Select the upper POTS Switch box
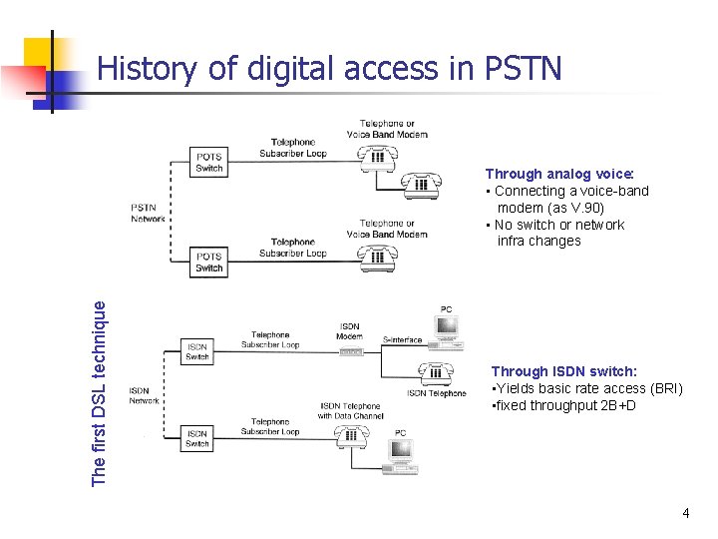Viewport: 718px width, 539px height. click(209, 163)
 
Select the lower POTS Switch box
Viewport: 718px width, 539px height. click(209, 263)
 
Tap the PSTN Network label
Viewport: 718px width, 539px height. click(149, 213)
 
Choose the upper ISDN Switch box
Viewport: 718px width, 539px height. click(197, 351)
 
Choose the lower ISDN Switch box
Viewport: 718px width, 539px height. click(197, 438)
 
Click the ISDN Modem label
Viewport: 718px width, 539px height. click(351, 331)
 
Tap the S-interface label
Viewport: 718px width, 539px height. click(403, 340)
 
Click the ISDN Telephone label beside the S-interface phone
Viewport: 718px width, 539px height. click(436, 393)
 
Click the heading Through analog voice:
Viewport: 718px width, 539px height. click(540, 174)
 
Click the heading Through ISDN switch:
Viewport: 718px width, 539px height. click(563, 371)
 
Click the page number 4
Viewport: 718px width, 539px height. click(685, 513)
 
